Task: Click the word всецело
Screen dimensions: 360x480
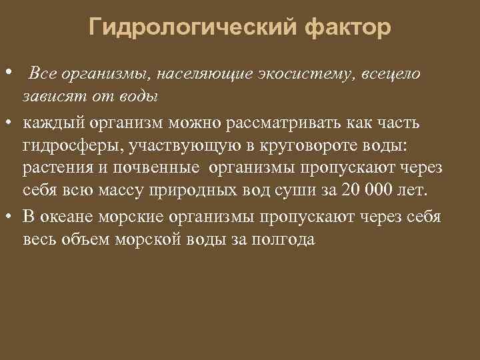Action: [x=391, y=74]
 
